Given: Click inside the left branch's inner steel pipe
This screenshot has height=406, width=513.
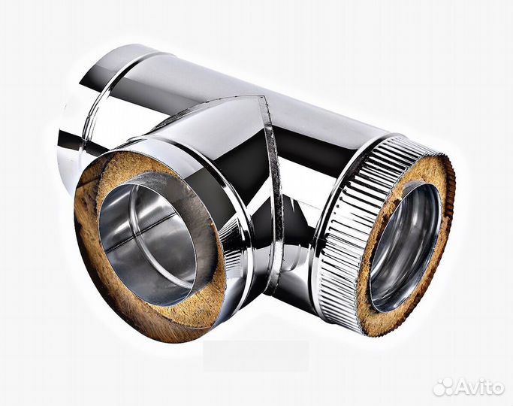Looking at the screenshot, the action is [x=149, y=242].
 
